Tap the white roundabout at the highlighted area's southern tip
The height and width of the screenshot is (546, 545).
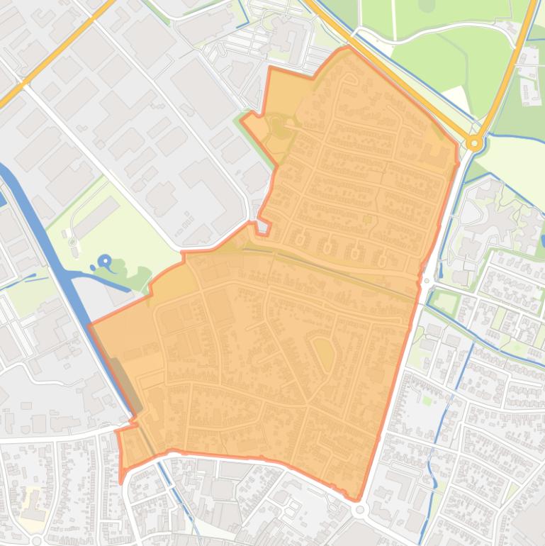360,509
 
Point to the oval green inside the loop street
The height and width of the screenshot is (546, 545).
324,352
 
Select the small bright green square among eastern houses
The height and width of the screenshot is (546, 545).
427,401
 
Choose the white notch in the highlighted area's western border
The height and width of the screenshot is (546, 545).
262,226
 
